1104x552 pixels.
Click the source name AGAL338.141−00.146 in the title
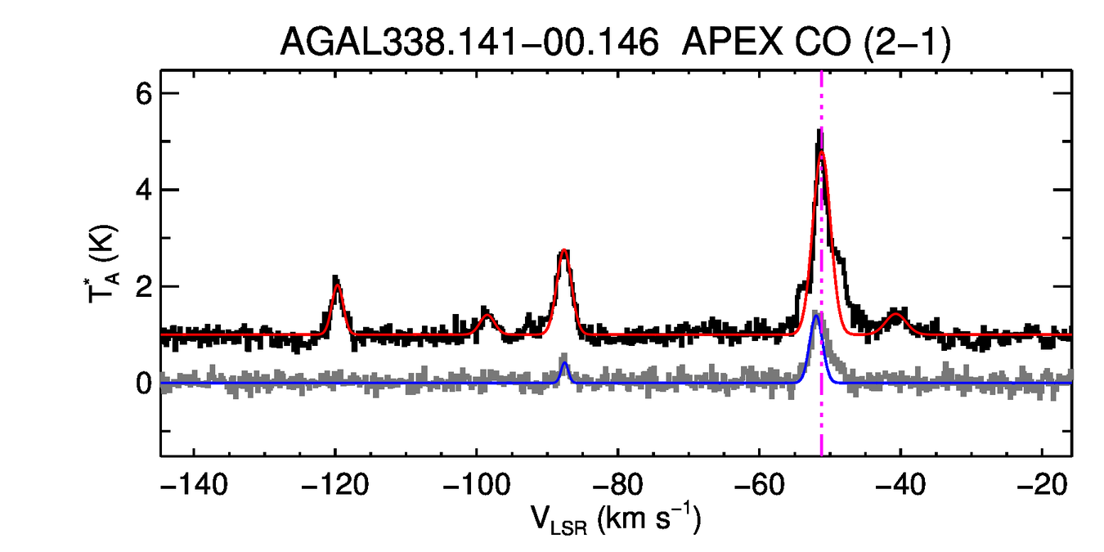pos(469,42)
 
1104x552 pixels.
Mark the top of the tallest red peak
pos(822,152)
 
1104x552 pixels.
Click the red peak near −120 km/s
pos(337,285)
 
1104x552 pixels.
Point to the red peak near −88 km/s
pos(563,252)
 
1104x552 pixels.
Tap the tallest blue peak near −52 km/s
pos(815,316)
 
